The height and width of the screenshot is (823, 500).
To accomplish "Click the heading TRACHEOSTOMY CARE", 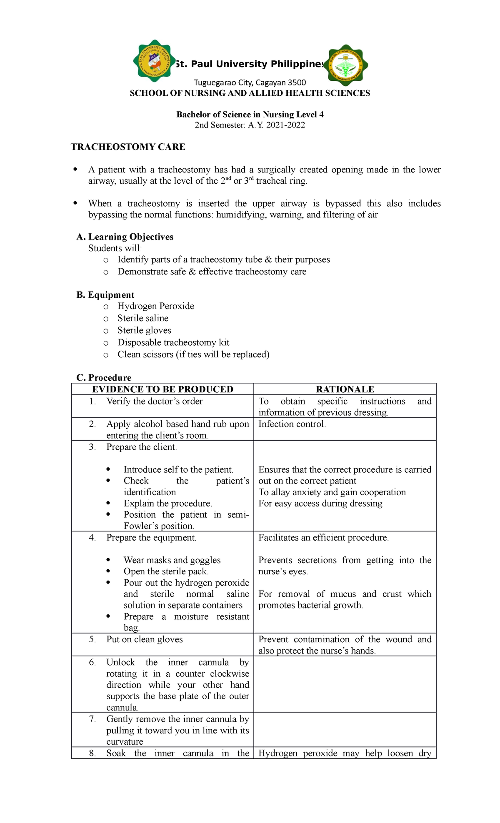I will [128, 147].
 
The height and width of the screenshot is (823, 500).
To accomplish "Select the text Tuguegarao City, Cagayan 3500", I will [250, 82].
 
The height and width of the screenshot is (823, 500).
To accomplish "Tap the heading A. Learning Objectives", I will [125, 237].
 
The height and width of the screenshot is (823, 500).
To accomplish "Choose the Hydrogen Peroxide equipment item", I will [156, 306].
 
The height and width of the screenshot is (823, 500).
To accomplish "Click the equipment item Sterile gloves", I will [144, 330].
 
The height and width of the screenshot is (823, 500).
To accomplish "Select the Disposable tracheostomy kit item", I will [173, 342].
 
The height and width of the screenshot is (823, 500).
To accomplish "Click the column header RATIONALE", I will [345, 389].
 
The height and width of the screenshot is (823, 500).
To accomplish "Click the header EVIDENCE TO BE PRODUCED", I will [162, 389].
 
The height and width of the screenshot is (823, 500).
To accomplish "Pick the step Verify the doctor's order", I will [155, 401].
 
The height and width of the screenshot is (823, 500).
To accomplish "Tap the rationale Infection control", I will [292, 424].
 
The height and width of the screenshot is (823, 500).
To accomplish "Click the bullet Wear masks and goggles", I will [172, 560].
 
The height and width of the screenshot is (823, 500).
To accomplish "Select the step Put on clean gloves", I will [145, 639].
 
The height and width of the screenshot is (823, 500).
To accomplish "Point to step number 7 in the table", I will [92, 719].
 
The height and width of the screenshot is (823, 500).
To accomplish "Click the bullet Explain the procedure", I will [168, 503].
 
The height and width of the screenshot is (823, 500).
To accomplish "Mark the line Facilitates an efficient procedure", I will [323, 537].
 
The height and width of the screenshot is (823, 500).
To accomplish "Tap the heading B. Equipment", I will [105, 295].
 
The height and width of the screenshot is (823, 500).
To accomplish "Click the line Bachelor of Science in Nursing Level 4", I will [250, 115].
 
